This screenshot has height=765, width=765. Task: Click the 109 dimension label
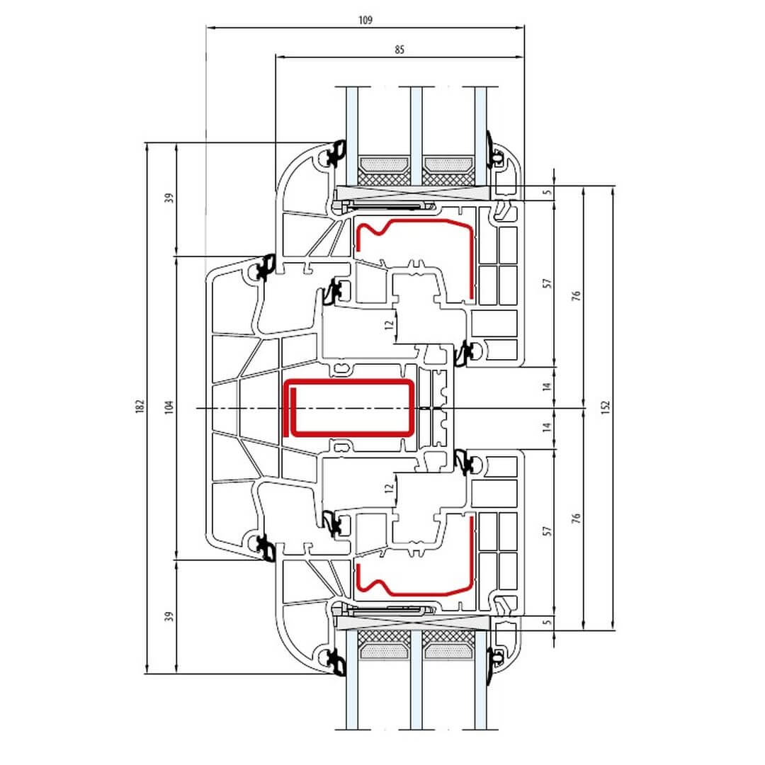tap(365, 20)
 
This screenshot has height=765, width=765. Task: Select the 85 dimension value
tap(399, 50)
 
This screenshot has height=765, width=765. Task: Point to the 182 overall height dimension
tap(140, 407)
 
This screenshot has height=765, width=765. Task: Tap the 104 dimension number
tap(169, 407)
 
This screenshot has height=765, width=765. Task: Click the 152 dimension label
tap(606, 407)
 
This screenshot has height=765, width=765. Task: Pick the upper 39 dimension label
tap(169, 198)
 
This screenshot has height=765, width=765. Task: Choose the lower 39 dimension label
tap(169, 616)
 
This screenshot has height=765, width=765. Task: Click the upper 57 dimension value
tap(547, 283)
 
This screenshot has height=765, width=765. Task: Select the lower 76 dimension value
tap(576, 518)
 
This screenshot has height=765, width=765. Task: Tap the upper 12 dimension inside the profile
tap(389, 324)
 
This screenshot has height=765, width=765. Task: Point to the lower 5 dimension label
tap(548, 622)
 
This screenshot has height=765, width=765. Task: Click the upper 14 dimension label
tap(547, 387)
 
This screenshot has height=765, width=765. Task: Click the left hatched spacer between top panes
tap(384, 171)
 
